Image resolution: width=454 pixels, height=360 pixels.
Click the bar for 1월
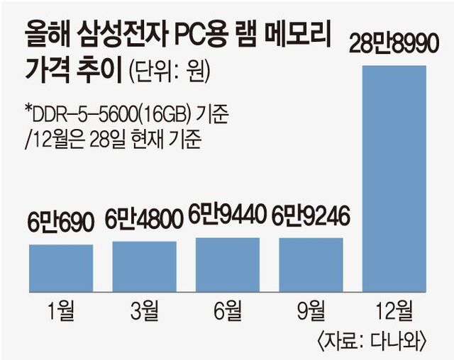click(61, 268)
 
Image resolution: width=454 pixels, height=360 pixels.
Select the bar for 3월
click(145, 266)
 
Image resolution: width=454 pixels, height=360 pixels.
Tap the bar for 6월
click(228, 264)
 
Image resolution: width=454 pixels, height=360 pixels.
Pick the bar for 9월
click(311, 264)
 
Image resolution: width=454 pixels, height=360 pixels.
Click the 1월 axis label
click(61, 310)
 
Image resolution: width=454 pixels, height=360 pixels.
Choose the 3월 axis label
click(145, 310)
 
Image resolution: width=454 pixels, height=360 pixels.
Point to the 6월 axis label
click(228, 310)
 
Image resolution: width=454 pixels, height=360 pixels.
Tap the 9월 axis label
click(311, 310)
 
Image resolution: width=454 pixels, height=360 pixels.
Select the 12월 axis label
click(394, 310)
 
